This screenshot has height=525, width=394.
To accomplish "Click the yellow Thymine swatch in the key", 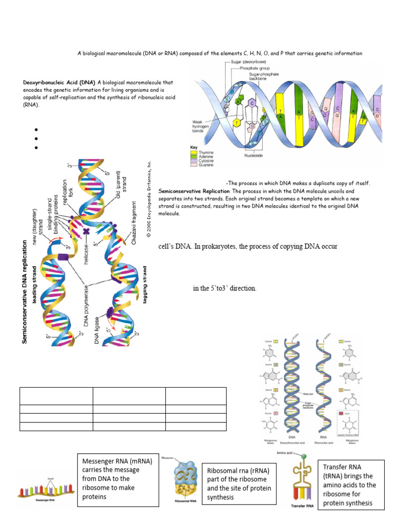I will point(194,152).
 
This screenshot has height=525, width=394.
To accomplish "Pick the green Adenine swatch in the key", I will point(194,156).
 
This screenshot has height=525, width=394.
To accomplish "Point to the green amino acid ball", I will point(304,457).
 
